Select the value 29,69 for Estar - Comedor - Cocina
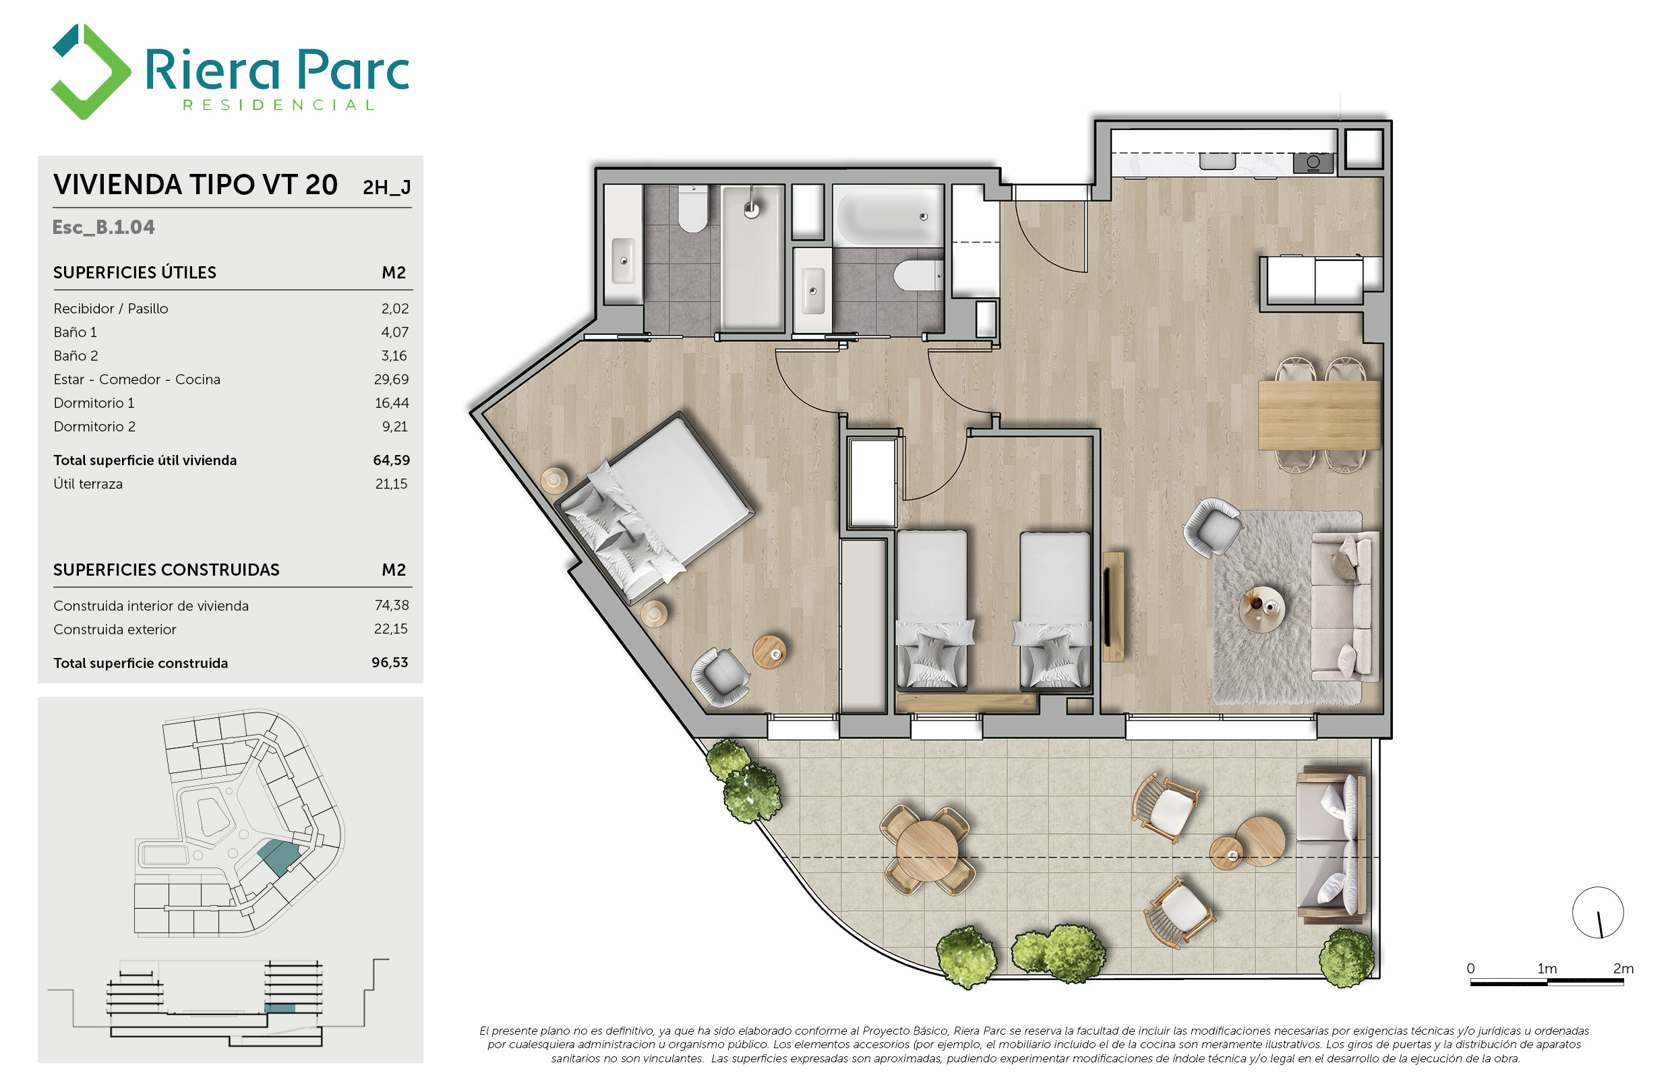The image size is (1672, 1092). (x=391, y=380)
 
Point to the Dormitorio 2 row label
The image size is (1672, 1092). (x=94, y=426)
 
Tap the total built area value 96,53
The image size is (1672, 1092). (x=390, y=662)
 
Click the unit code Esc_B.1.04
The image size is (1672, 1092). (x=103, y=227)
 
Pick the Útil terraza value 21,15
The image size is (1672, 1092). (x=391, y=483)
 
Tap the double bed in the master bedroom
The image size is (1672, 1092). (x=655, y=507)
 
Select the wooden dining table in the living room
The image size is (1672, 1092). (x=1319, y=415)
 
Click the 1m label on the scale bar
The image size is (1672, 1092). (x=1547, y=969)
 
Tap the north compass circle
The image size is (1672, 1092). (x=1598, y=912)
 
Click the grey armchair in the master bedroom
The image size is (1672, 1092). (x=720, y=676)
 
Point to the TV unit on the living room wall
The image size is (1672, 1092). (x=1113, y=607)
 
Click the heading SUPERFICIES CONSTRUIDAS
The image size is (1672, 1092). (x=167, y=570)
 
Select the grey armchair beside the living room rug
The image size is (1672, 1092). (x=1212, y=527)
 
